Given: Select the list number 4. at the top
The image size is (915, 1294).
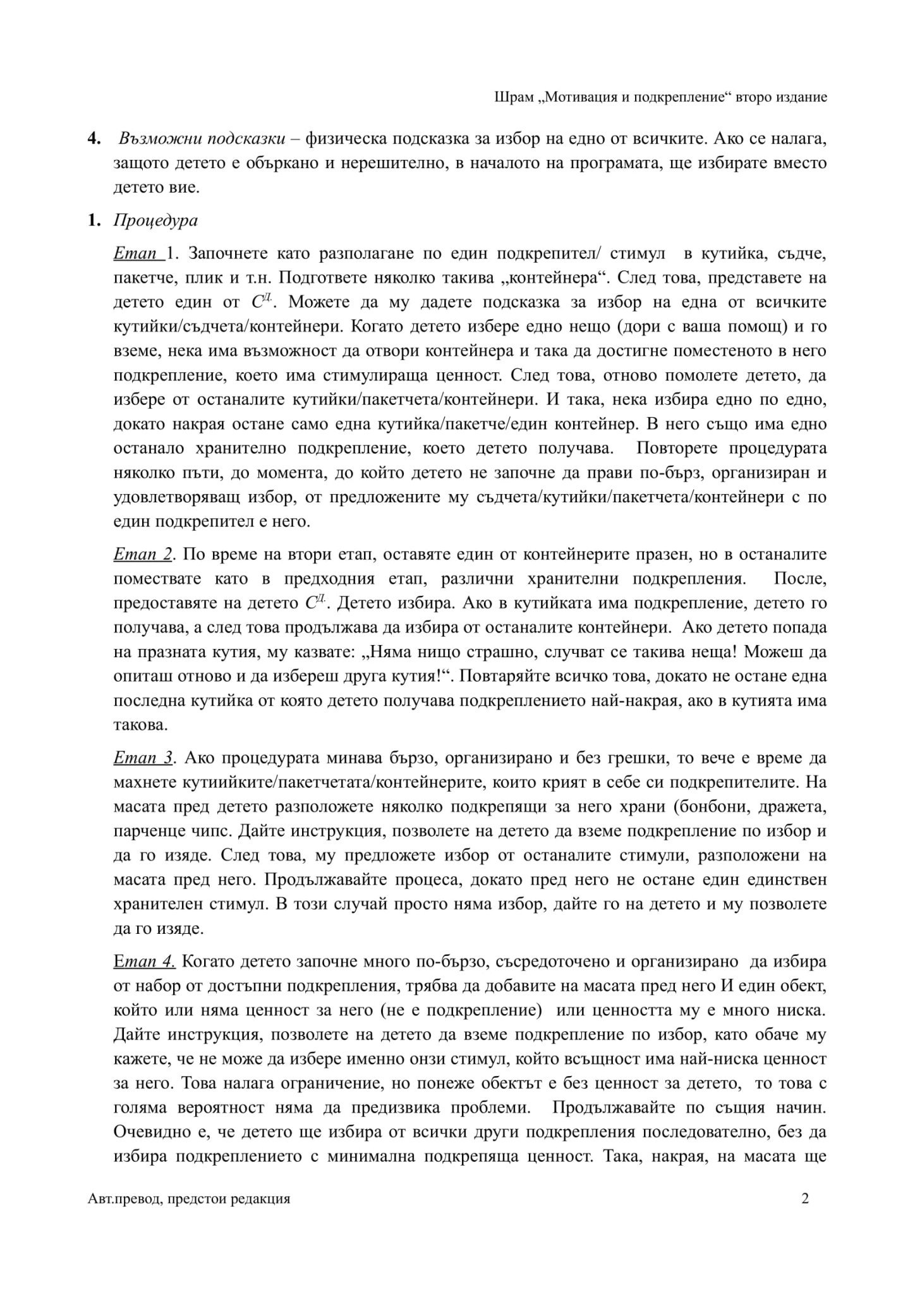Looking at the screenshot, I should coord(94,139).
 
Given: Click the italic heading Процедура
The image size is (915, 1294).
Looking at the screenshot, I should coord(155,221).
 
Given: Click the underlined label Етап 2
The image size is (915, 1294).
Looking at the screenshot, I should coord(143,554).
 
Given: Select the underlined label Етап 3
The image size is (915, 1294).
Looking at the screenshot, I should coord(143,758).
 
